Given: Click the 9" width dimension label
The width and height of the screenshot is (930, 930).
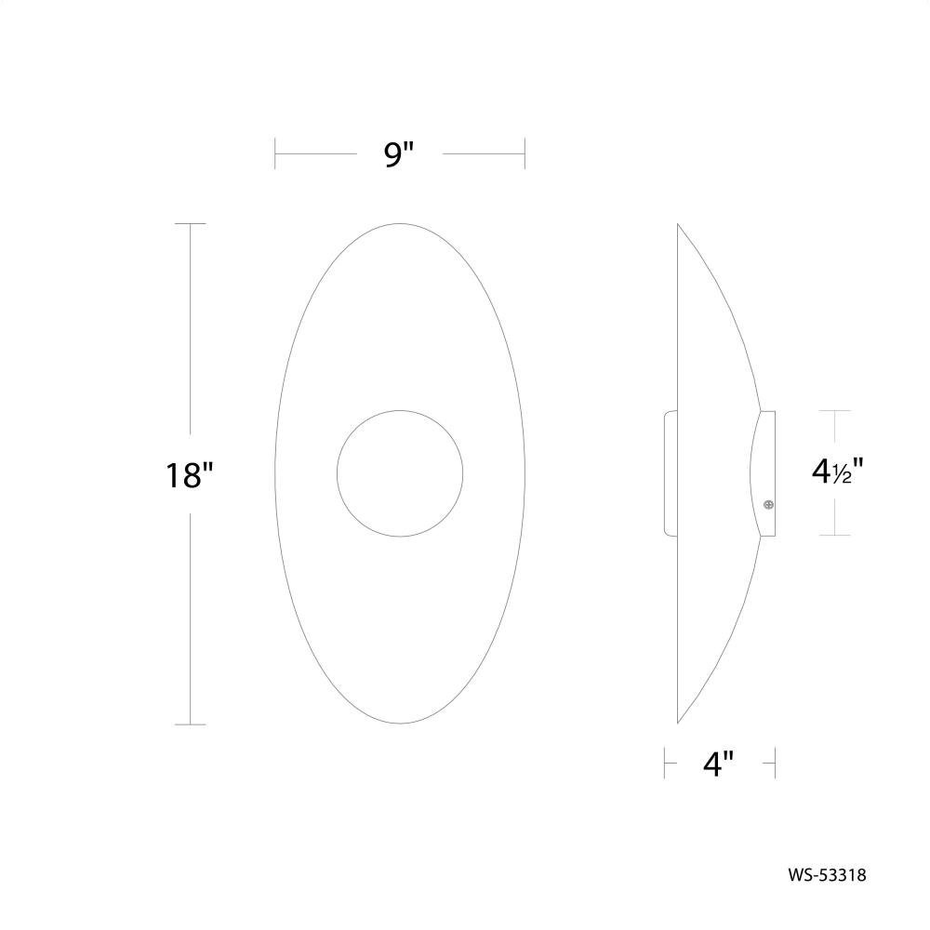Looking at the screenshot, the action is pos(398,154).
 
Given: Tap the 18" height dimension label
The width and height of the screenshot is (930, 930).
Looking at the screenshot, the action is pos(189,475).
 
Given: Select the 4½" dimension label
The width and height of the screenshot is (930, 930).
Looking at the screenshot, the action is pos(837,472).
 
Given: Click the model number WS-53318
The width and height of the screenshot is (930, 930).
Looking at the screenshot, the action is pos(827,875).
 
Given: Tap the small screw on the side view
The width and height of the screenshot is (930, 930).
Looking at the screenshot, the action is pos(768,505).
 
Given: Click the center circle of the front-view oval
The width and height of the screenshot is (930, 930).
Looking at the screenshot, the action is pos(400,473).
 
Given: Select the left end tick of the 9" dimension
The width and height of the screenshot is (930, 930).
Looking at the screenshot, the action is pos(275,153).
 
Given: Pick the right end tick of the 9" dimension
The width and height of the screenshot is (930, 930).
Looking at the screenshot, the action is pos(525,153).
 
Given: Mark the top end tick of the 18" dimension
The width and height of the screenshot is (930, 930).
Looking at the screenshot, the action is pos(191,223).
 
